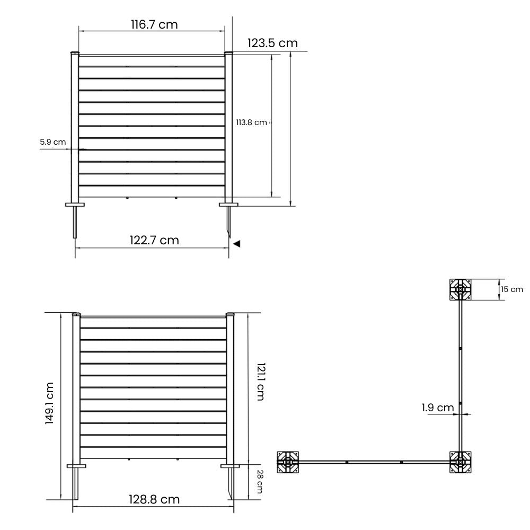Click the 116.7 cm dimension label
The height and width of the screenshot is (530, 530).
coord(154,24)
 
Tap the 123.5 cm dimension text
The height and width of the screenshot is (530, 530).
coord(272,43)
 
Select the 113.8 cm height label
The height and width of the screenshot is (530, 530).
coord(251,122)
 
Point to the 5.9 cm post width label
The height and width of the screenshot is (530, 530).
coord(52,142)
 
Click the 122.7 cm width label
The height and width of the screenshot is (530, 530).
coord(154,240)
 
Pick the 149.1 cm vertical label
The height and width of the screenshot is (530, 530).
coord(49,403)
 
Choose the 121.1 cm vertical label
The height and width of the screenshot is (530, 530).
coord(261,382)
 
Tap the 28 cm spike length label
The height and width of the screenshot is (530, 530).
coord(260,482)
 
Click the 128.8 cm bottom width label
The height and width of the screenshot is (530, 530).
coord(154,499)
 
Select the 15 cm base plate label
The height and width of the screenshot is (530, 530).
coord(512,289)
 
